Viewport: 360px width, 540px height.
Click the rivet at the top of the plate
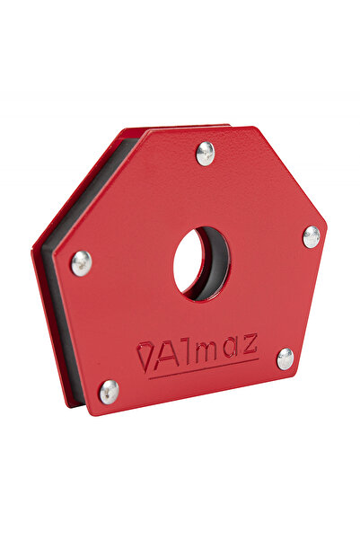206,153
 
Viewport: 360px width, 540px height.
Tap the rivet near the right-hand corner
311,236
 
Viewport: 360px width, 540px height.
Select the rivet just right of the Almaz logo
285,359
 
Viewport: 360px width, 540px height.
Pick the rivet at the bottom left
109,391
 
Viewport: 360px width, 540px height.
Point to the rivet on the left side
81,262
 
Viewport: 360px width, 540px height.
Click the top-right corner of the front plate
260,128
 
